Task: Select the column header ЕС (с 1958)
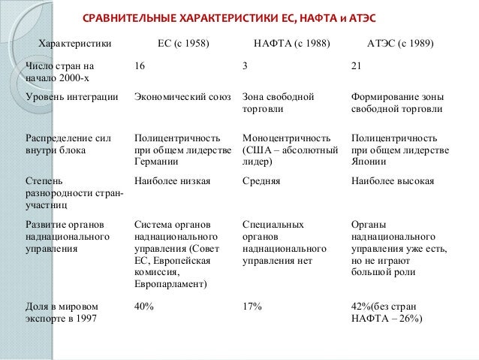tap(183, 44)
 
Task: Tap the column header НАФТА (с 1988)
tap(291, 44)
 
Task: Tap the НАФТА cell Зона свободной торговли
tap(278, 103)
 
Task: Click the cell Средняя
tap(261, 181)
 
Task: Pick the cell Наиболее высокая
tap(393, 181)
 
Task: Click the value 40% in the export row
tap(143, 306)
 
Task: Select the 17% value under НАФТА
tap(252, 306)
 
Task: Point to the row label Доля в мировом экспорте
tap(60, 312)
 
